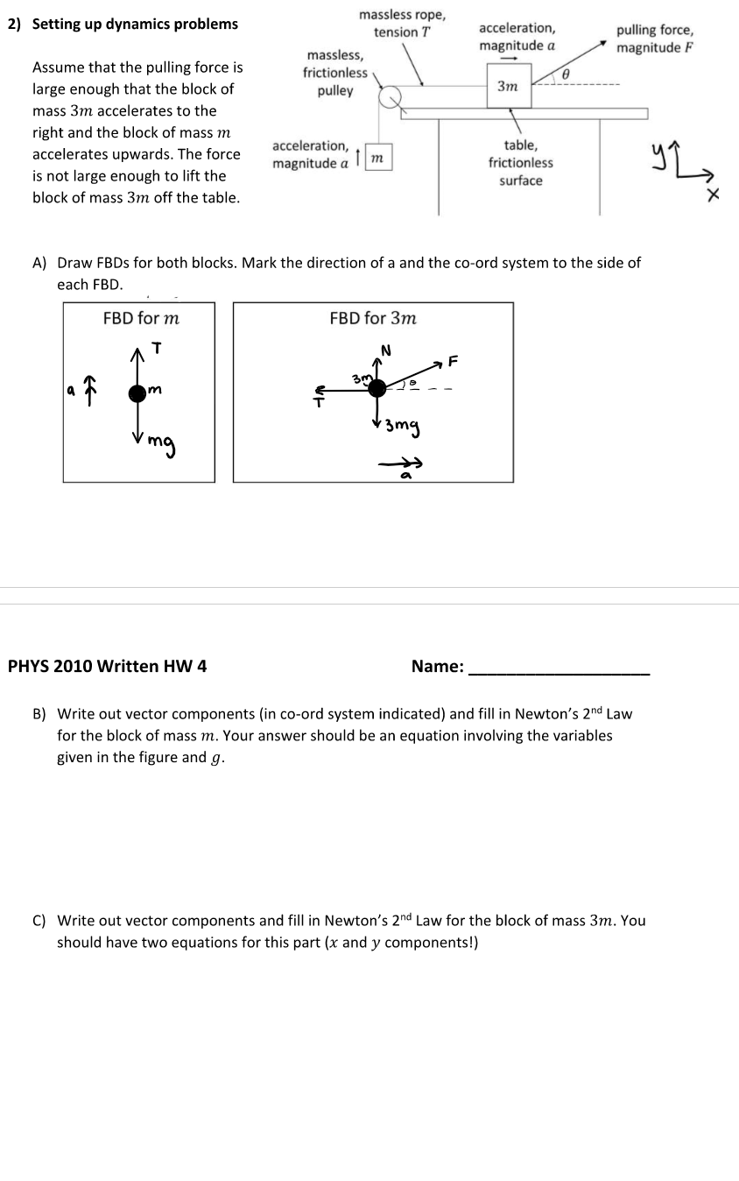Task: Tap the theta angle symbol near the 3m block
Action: tap(566, 76)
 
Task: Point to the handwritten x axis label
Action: tap(714, 198)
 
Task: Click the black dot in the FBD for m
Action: tap(137, 392)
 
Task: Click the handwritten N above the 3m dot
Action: tap(383, 350)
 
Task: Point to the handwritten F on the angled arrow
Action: tap(453, 359)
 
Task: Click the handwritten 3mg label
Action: tap(402, 428)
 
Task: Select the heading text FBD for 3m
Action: tap(373, 318)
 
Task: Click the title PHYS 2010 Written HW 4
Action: tap(108, 666)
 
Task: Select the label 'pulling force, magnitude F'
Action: tap(655, 39)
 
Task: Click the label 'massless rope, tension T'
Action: tap(402, 24)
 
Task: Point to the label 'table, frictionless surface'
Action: tap(521, 163)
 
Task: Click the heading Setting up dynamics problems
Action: tap(135, 24)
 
